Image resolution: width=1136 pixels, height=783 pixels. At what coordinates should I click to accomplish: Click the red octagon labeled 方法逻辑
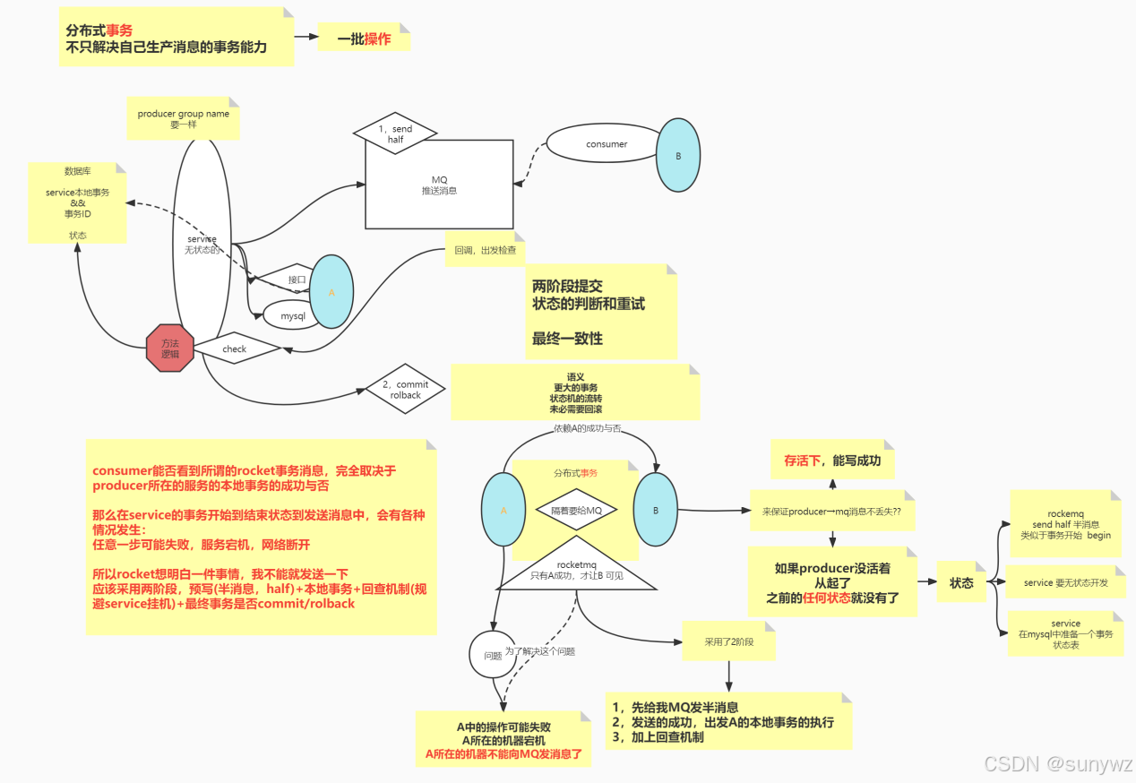pyautogui.click(x=169, y=348)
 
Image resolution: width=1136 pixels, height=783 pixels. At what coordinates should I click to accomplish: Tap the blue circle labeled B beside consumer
pyautogui.click(x=677, y=155)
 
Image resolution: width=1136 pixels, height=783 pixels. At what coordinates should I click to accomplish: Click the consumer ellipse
pyautogui.click(x=607, y=144)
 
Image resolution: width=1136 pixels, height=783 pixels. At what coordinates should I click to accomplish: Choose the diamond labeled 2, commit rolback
pyautogui.click(x=405, y=389)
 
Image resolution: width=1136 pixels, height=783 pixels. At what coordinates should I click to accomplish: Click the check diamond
pyautogui.click(x=235, y=348)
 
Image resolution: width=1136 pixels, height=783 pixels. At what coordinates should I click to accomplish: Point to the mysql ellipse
pyautogui.click(x=293, y=315)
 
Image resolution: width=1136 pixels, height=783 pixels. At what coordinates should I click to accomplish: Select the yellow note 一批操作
pyautogui.click(x=364, y=39)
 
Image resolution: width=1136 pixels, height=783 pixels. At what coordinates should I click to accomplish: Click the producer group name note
pyautogui.click(x=184, y=118)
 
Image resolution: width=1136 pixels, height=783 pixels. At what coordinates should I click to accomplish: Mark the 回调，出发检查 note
pyautogui.click(x=485, y=250)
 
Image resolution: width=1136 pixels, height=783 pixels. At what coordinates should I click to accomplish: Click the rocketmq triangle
pyautogui.click(x=576, y=568)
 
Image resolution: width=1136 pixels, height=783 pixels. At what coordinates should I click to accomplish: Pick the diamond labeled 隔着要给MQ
pyautogui.click(x=576, y=510)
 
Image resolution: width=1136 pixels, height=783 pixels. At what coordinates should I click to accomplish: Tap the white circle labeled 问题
pyautogui.click(x=492, y=655)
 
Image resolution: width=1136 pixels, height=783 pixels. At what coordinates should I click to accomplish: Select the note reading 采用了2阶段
pyautogui.click(x=728, y=642)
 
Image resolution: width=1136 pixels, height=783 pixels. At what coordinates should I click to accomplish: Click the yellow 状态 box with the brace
pyautogui.click(x=961, y=582)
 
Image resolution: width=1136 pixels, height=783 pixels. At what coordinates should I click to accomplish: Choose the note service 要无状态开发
pyautogui.click(x=1065, y=582)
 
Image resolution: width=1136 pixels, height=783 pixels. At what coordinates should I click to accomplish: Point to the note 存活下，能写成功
pyautogui.click(x=832, y=460)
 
